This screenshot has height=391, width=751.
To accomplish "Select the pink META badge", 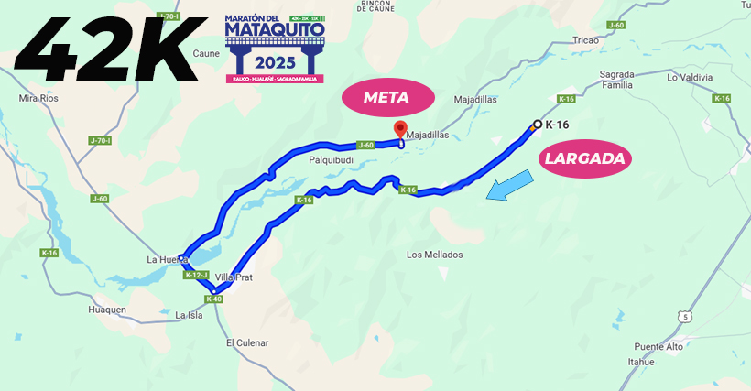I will click(385, 97).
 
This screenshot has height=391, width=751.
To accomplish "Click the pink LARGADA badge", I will click(584, 158).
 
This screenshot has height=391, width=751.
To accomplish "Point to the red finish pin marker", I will click(399, 129).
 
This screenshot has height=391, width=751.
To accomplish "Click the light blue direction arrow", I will click(509, 187).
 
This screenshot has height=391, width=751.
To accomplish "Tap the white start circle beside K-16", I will click(538, 124).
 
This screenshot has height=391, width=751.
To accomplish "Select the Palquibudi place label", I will click(331, 159).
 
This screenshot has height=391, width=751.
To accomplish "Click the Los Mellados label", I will click(434, 254).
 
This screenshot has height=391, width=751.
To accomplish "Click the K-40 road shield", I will click(214, 299).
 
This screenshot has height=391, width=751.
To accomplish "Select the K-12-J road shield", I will click(197, 275).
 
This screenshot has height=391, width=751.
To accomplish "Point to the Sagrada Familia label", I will click(616, 79).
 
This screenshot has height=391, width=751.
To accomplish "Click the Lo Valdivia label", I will click(690, 78).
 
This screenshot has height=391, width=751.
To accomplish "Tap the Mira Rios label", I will click(38, 96).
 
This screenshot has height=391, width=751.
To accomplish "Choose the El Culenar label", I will click(247, 342).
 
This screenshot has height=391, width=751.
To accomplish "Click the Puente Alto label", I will click(658, 346).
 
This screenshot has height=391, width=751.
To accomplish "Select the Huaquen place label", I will click(107, 310).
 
